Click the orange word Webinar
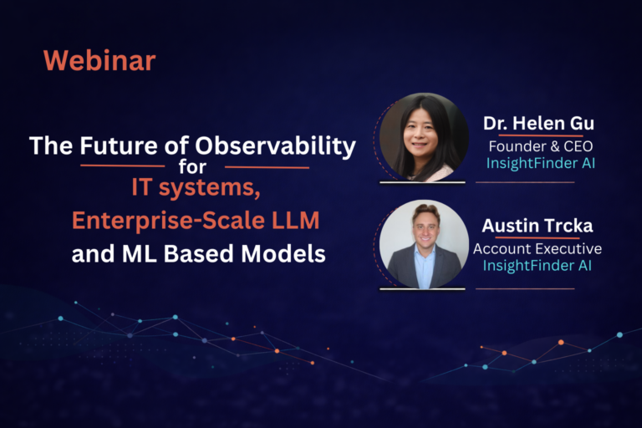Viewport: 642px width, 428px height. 99,61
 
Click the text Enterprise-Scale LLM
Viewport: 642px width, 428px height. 196,222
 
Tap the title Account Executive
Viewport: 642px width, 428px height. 537,248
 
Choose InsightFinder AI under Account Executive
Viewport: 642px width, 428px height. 537,266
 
